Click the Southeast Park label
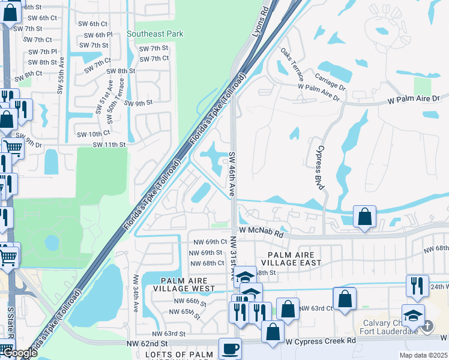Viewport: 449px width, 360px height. click(155, 34)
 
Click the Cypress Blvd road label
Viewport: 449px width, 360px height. click(319, 167)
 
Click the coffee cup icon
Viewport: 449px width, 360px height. click(229, 349)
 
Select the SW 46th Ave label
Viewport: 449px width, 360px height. click(232, 175)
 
